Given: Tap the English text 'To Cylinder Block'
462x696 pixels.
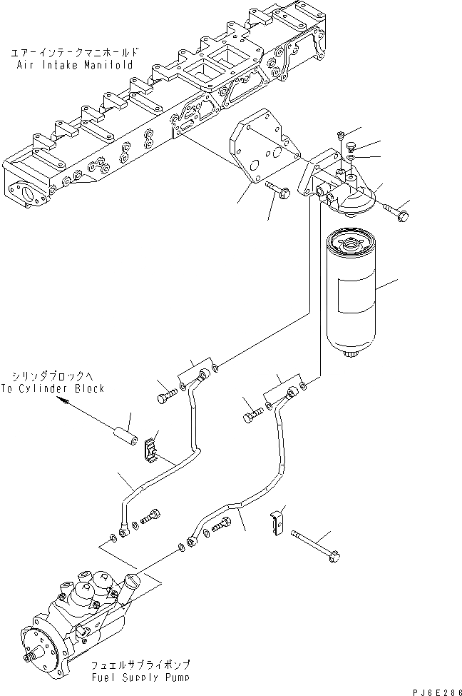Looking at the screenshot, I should click(x=58, y=388).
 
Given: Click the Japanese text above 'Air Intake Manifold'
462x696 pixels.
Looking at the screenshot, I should click(x=73, y=53).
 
